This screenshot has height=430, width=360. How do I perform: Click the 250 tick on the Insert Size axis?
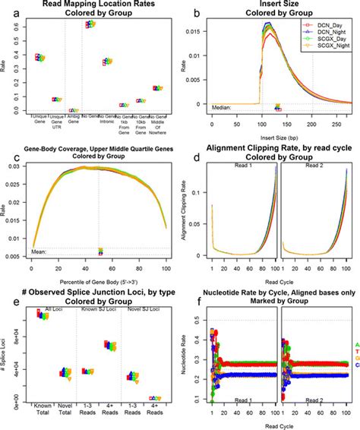pyautogui.click(x=336, y=119)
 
